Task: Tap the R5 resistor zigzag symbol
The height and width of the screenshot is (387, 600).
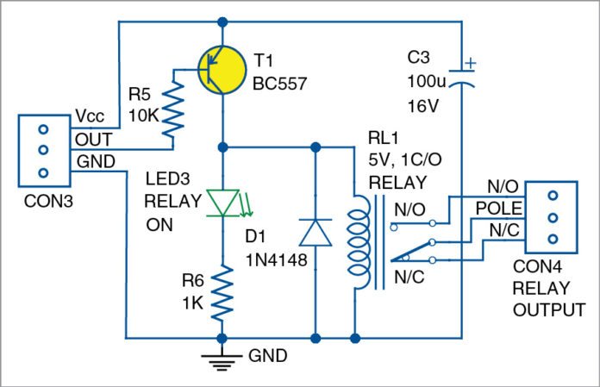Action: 176,108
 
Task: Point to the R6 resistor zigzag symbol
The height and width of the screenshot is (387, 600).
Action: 223,290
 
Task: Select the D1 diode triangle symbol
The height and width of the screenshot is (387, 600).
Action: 314,233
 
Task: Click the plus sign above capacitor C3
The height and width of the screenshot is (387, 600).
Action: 468,62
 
